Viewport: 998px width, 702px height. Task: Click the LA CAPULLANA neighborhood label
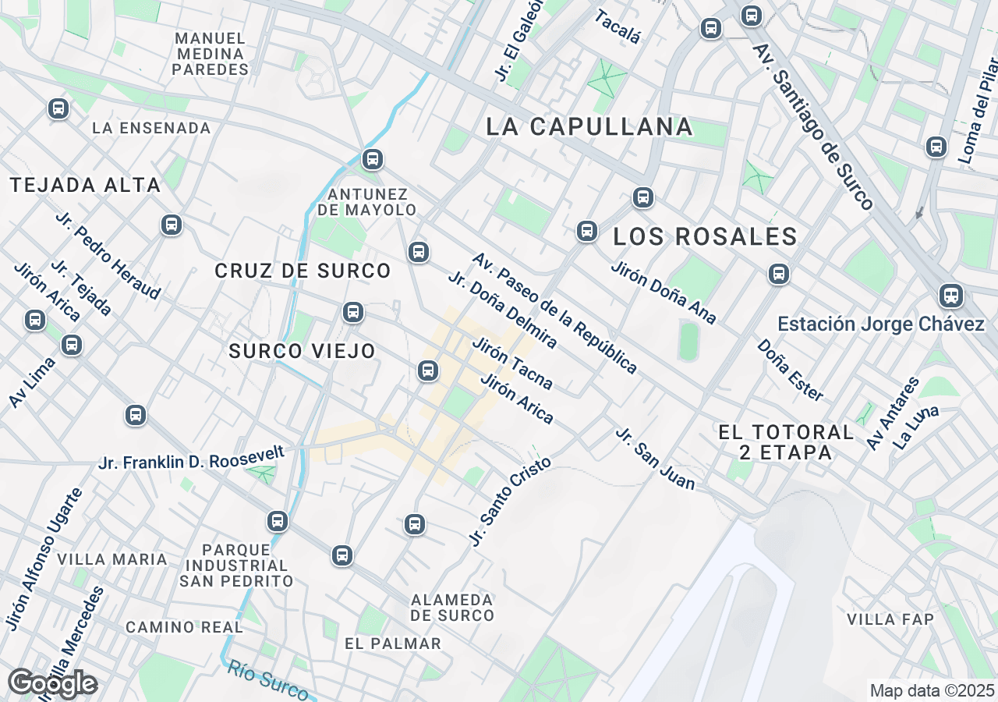(x=589, y=126)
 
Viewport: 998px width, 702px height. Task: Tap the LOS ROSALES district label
(x=705, y=236)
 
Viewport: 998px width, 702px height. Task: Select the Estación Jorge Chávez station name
(x=881, y=324)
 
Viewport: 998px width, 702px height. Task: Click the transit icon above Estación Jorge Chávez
(x=950, y=296)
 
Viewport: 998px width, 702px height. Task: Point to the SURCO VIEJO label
(x=303, y=352)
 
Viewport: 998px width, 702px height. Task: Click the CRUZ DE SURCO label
(x=303, y=271)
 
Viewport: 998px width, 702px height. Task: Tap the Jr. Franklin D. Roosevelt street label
(x=191, y=459)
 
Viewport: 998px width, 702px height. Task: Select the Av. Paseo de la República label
(x=554, y=313)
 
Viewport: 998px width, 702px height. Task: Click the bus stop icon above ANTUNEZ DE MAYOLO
(x=373, y=159)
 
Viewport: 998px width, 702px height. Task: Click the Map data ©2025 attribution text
(x=932, y=690)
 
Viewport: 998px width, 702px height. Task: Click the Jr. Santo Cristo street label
(x=510, y=501)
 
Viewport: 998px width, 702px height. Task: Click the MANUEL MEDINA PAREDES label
(x=211, y=54)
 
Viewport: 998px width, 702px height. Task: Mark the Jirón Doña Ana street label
(x=664, y=292)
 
